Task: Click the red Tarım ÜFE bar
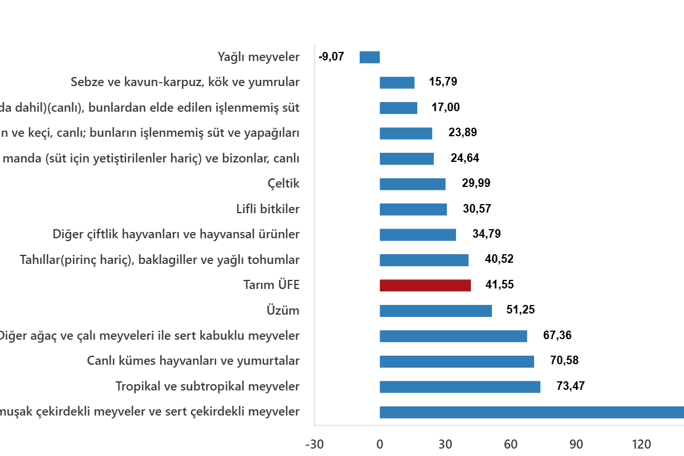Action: coord(425,286)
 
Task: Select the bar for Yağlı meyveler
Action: coord(370,58)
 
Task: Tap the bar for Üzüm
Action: coord(436,311)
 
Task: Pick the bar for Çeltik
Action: coord(413,184)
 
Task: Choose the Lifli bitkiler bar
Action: coord(413,209)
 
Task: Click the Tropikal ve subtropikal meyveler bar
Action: coord(460,387)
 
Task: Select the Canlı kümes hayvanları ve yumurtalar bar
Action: coord(457,361)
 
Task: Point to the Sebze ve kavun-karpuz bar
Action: coord(397,83)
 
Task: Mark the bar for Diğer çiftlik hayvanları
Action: coord(418,235)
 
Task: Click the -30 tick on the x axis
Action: coord(314,445)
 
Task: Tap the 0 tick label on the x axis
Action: coord(380,445)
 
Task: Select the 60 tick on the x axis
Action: coord(511,445)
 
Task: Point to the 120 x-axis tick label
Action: coord(641,445)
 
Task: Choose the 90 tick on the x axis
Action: coord(576,445)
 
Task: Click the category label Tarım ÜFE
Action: coord(271,286)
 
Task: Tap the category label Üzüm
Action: coord(283,311)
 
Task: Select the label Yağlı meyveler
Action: coord(258,57)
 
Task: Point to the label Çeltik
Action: coord(283,184)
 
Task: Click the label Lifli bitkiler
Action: coord(268,209)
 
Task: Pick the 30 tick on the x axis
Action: coord(445,445)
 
